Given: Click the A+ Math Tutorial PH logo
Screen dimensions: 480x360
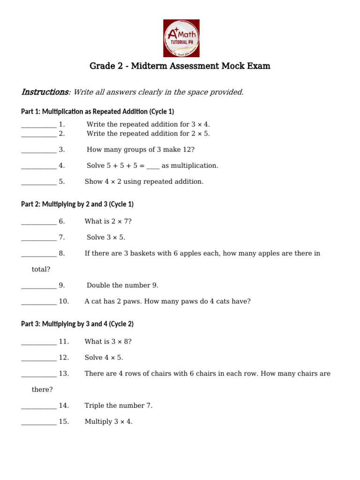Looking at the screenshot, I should [x=181, y=38].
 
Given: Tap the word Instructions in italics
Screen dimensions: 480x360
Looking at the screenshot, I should [x=45, y=92].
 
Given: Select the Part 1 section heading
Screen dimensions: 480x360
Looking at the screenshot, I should [x=97, y=112].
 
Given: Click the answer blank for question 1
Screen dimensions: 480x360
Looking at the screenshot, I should [x=38, y=125].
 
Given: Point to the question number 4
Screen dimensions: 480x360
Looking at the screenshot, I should [x=61, y=165].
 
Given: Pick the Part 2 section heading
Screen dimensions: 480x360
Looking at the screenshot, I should [x=77, y=204].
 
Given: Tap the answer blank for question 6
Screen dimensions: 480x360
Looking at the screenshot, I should [x=38, y=221].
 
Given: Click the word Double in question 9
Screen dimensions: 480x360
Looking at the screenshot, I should [x=99, y=285].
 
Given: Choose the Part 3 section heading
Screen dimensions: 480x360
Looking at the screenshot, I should [x=77, y=324].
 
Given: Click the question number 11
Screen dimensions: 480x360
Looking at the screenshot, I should [x=64, y=341].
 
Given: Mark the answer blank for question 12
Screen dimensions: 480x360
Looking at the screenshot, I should [x=38, y=358].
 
